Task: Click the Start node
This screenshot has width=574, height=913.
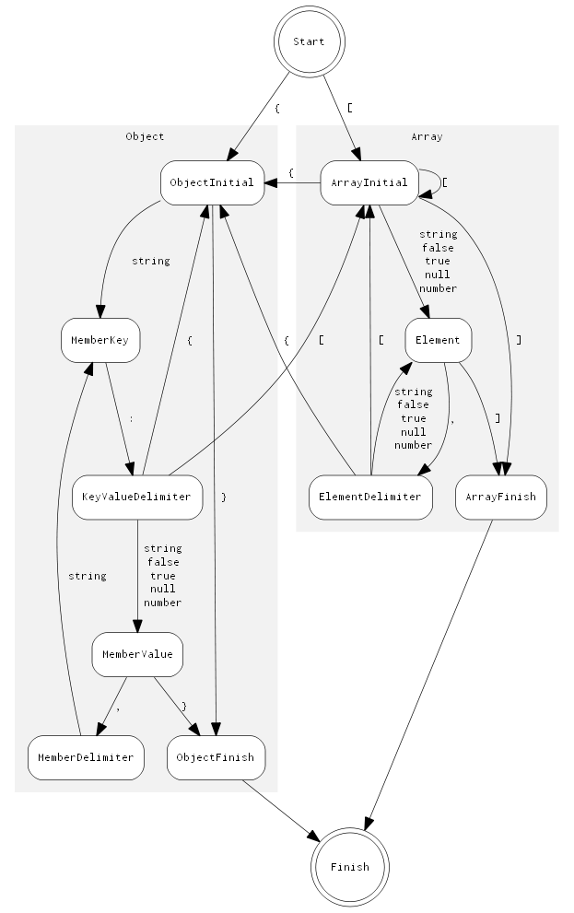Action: tap(309, 41)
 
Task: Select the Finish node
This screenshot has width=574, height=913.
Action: tap(349, 866)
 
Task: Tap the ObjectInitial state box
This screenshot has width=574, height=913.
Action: tap(212, 182)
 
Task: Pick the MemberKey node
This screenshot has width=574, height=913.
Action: tap(100, 340)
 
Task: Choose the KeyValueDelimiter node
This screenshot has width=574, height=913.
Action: tap(137, 497)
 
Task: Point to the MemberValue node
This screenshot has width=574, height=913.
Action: tap(137, 655)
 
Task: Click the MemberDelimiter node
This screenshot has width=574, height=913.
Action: tap(86, 757)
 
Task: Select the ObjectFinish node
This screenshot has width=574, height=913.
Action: tap(217, 757)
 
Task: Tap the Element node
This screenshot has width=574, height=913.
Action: tap(438, 340)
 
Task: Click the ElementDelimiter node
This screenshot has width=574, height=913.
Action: tap(370, 497)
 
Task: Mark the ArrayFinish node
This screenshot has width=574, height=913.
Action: tap(502, 497)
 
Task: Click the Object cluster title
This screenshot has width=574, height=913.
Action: tap(145, 136)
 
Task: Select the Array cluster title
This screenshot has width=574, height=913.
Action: tap(427, 136)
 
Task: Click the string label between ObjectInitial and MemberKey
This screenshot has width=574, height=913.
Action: tap(150, 261)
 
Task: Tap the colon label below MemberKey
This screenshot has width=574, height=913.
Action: tap(131, 418)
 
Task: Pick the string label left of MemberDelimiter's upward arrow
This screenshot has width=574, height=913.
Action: tap(87, 576)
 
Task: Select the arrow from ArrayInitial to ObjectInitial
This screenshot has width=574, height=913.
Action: tap(293, 182)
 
